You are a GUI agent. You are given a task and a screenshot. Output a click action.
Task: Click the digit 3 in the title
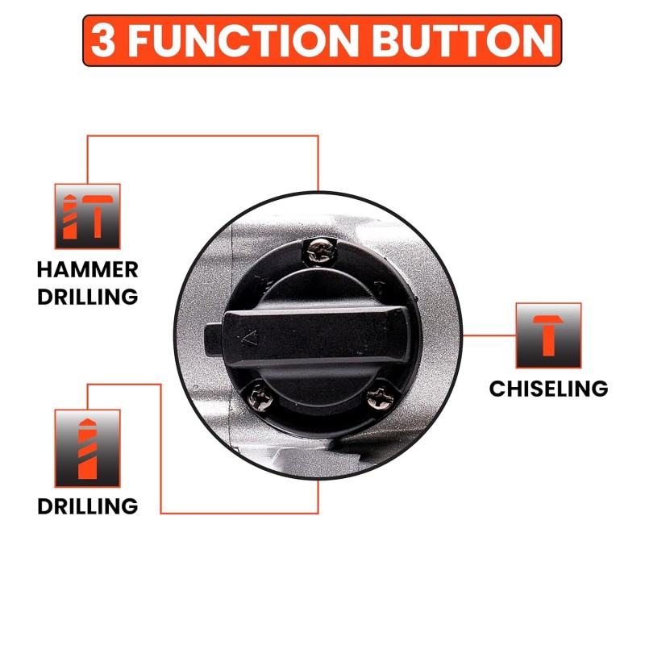tap(103, 40)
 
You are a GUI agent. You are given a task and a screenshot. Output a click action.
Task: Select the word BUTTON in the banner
tap(462, 40)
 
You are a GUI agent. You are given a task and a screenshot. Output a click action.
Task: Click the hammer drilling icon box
tap(88, 216)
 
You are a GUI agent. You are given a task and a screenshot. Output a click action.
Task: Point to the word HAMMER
tap(88, 270)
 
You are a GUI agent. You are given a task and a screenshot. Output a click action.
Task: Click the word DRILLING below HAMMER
tap(88, 297)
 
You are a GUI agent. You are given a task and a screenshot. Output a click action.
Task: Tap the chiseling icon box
tap(548, 335)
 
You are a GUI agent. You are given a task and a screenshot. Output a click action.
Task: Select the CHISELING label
tap(548, 389)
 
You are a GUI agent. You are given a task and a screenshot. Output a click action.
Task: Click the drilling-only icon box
tap(88, 448)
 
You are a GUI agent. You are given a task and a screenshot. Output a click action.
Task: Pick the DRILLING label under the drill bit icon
tap(88, 506)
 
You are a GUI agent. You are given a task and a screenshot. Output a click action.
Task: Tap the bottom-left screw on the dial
tap(260, 397)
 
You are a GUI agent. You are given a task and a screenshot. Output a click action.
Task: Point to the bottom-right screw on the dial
tap(380, 397)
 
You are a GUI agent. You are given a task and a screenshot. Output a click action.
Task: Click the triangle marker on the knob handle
tap(250, 338)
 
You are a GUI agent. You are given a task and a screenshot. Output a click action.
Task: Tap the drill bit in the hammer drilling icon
tap(69, 216)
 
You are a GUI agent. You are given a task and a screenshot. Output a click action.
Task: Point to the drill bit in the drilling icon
tap(87, 449)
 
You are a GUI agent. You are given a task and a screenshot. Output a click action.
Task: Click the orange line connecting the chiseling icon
tap(489, 335)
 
